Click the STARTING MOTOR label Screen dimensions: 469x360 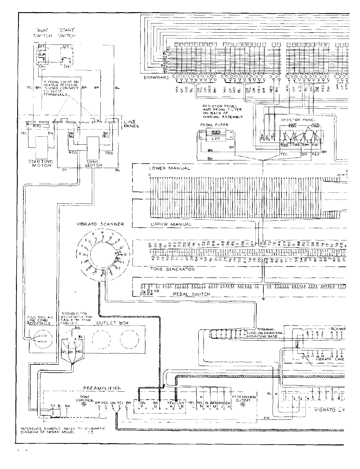[x=41, y=163]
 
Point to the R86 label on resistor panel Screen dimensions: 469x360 [x=284, y=145]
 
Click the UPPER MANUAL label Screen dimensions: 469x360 [x=171, y=224]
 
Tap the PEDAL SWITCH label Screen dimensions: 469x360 [x=192, y=294]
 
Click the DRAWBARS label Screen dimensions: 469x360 [x=156, y=77]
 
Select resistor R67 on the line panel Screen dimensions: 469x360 [x=37, y=126]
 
